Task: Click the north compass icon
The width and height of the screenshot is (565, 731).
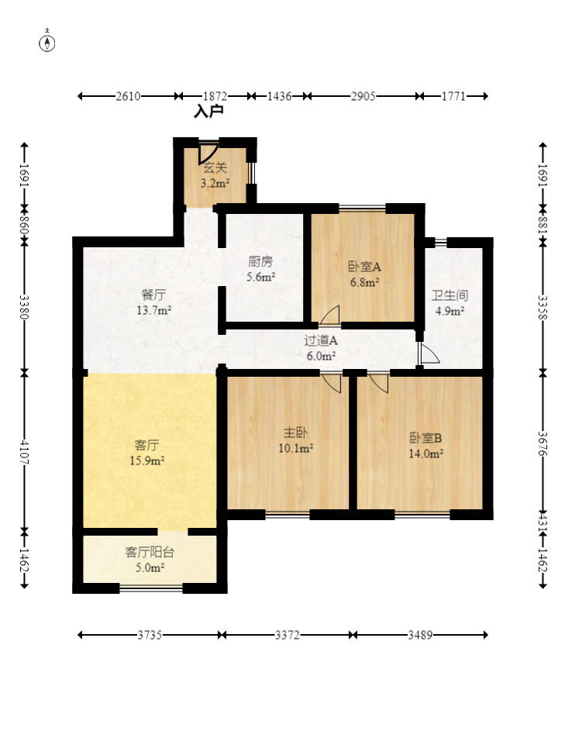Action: [x=48, y=42]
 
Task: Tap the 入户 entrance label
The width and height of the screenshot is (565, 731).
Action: [x=208, y=112]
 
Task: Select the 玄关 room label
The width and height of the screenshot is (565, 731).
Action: [x=215, y=175]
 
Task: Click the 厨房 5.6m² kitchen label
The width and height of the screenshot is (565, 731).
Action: [x=260, y=268]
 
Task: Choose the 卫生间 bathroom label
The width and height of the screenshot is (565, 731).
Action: [x=450, y=303]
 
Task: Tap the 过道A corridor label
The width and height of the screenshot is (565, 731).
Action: [x=320, y=347]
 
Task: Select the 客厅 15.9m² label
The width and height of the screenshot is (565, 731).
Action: [x=147, y=453]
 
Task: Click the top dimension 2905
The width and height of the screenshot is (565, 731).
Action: [x=363, y=96]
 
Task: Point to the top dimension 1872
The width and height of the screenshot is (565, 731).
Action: [x=214, y=96]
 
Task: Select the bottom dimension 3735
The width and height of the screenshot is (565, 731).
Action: [x=150, y=635]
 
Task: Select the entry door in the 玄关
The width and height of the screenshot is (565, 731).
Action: [x=207, y=151]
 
